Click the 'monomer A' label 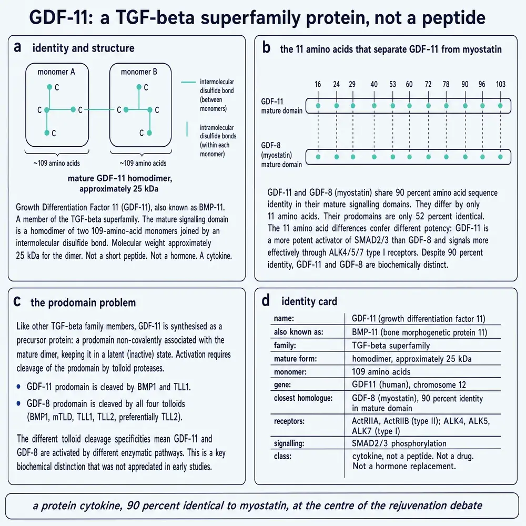click(x=56, y=72)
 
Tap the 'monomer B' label click(x=139, y=72)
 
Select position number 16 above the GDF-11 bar click(x=318, y=84)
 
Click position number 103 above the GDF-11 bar click(x=501, y=84)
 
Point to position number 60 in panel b click(x=409, y=84)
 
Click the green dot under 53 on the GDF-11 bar click(x=393, y=106)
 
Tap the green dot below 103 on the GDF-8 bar click(x=501, y=157)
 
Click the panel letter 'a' click(x=17, y=48)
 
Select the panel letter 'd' click(x=266, y=300)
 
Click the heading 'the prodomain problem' click(x=83, y=302)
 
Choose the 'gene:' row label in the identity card click(x=282, y=385)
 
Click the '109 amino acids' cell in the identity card click(x=381, y=372)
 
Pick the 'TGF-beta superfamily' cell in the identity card click(x=391, y=346)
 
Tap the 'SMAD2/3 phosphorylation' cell click(x=399, y=443)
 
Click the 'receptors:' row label click(x=289, y=421)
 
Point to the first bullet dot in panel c click(x=18, y=387)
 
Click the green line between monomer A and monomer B click(x=99, y=110)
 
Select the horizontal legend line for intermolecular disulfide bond click(x=188, y=82)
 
